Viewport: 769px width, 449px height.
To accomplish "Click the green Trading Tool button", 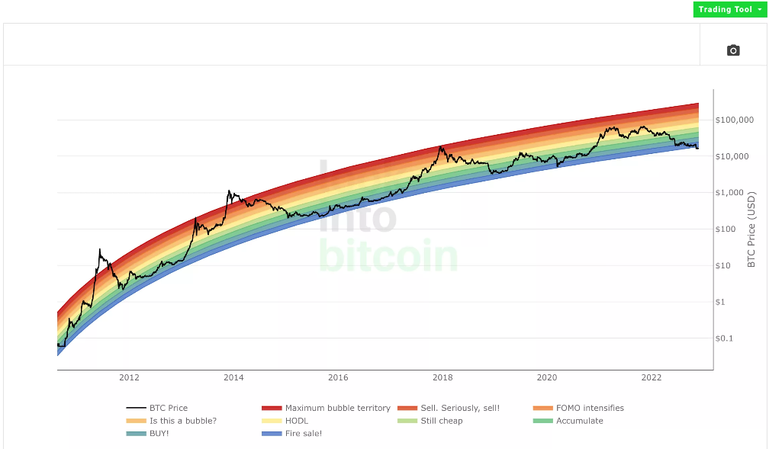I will (x=728, y=9).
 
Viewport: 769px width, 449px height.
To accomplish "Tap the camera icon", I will (x=733, y=50).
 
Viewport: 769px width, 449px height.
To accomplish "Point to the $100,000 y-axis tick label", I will (x=735, y=120).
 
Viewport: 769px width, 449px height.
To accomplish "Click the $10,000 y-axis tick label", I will (x=735, y=156).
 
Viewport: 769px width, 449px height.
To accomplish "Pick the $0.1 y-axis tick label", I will (x=729, y=338).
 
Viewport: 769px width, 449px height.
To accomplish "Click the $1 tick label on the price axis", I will (x=723, y=302).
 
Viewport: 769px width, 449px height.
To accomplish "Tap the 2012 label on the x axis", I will (x=130, y=378).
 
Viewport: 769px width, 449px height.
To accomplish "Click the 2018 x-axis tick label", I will (x=442, y=378).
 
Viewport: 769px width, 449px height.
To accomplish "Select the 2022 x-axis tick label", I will (x=652, y=378).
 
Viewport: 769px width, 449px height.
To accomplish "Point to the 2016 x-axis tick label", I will (x=338, y=378).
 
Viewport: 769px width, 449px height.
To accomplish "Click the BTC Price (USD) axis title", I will (x=751, y=229).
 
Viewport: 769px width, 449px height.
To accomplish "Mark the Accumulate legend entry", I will (x=579, y=421).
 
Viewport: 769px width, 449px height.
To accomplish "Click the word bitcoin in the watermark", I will (x=389, y=258).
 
